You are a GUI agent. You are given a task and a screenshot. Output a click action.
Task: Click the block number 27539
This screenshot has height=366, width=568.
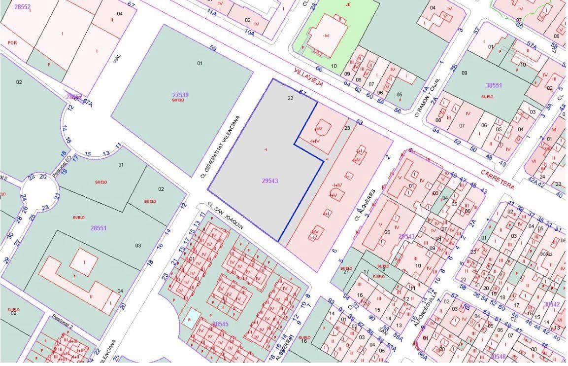[x=180, y=94]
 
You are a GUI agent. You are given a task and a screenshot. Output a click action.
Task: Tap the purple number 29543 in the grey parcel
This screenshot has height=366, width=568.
[x=269, y=181]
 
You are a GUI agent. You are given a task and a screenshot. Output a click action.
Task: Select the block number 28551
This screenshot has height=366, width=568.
[x=99, y=228]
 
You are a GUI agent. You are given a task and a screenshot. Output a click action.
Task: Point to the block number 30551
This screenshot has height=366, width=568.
[x=494, y=85]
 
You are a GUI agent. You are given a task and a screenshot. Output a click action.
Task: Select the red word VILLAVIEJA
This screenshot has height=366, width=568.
[x=308, y=77]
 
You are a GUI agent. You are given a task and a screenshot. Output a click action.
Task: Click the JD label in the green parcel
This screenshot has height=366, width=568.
[x=348, y=4]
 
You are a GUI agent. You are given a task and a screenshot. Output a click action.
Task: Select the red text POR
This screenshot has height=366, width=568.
[x=12, y=43]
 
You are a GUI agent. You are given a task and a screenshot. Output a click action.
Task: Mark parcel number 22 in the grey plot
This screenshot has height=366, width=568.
[x=290, y=98]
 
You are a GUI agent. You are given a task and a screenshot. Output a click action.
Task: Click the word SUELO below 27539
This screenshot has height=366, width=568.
[x=178, y=100]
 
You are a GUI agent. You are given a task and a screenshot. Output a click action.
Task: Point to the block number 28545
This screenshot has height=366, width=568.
[x=220, y=324]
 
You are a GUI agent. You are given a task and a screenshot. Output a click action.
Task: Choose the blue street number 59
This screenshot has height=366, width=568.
[x=213, y=48]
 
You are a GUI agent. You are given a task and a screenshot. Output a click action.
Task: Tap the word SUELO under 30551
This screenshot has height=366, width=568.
[x=487, y=97]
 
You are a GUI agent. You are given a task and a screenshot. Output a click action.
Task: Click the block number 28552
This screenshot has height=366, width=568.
[x=22, y=7]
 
